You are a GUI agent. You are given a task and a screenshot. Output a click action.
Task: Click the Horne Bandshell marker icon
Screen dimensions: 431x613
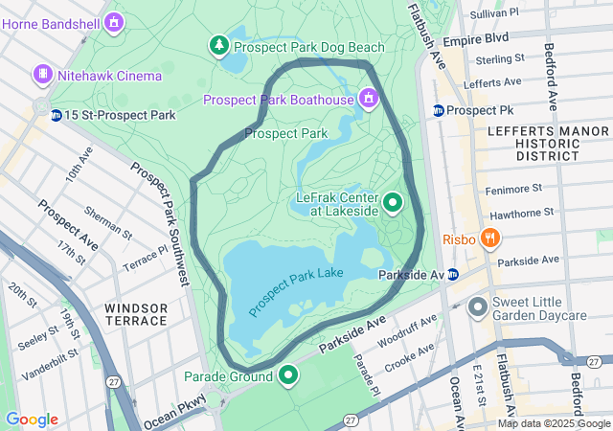click(114, 20)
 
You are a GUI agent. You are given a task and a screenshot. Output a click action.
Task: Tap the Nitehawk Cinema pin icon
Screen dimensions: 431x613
click(42, 74)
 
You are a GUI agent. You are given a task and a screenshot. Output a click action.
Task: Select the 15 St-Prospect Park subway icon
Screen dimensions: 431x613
click(57, 115)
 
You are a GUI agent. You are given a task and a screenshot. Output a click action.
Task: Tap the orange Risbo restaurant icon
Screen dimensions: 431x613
click(489, 238)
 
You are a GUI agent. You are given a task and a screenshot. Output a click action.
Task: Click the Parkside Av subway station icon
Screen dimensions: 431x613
click(453, 275)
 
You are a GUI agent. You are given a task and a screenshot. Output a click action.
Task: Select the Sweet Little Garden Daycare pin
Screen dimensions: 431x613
click(478, 307)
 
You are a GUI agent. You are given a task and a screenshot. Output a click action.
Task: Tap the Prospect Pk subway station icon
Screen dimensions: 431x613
click(438, 110)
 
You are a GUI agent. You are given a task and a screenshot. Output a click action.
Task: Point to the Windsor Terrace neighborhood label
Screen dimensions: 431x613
click(136, 313)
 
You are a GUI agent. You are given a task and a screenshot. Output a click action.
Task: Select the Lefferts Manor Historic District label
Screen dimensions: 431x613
click(534, 143)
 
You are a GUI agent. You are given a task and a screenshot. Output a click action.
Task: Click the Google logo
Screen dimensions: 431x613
click(32, 420)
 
